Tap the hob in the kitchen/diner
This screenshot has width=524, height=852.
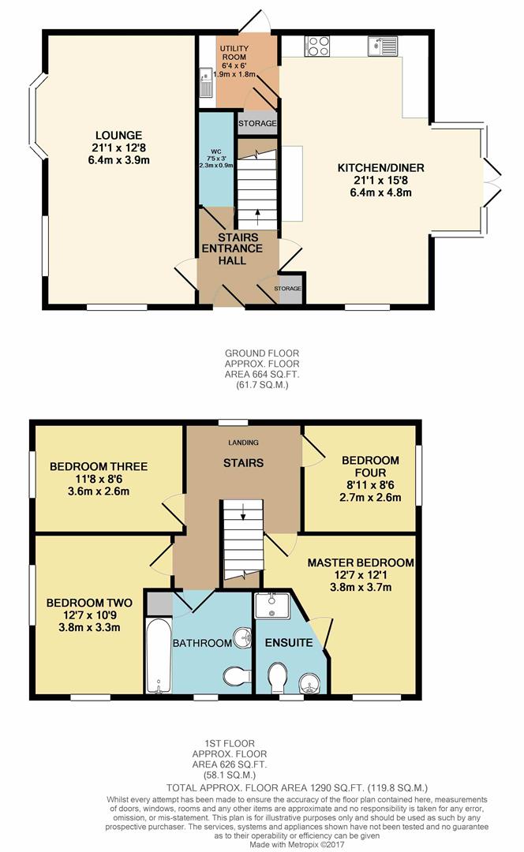[x=317, y=46]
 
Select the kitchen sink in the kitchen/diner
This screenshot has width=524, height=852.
[x=383, y=46]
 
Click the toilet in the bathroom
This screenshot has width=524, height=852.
[x=237, y=677]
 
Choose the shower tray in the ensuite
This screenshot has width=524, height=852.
[x=272, y=605]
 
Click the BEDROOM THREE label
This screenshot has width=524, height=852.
[x=99, y=466]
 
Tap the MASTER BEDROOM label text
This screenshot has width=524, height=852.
[x=361, y=563]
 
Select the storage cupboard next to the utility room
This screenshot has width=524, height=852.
[x=257, y=123]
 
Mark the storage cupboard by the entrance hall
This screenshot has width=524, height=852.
[x=287, y=289]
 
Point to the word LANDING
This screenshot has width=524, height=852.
[x=243, y=443]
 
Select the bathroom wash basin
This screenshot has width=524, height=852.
[x=242, y=637]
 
